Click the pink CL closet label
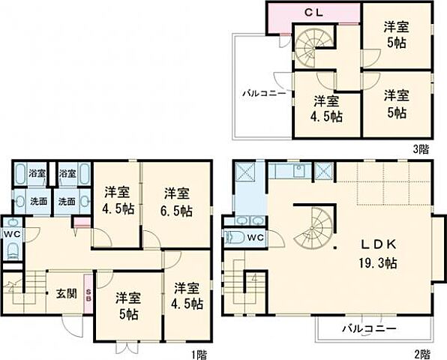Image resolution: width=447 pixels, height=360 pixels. pyautogui.click(x=313, y=13)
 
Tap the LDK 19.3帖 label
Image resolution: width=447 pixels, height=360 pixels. pyautogui.click(x=377, y=255)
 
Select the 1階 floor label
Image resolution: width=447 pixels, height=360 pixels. pyautogui.click(x=199, y=352)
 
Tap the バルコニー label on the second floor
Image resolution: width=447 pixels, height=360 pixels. pyautogui.click(x=370, y=328)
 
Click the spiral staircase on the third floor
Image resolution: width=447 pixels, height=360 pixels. pyautogui.click(x=307, y=46)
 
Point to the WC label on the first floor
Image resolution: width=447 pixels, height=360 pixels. pyautogui.click(x=10, y=233)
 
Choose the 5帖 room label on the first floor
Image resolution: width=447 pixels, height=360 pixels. pyautogui.click(x=128, y=304)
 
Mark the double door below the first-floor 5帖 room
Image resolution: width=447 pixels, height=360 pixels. pyautogui.click(x=128, y=346)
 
